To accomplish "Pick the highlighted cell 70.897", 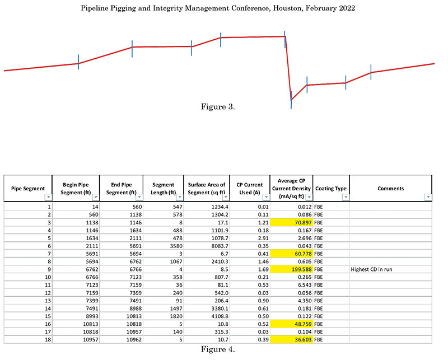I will (297, 222).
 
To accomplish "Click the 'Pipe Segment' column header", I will (28, 189).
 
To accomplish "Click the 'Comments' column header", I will (390, 189).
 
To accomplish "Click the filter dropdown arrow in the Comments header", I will (428, 197).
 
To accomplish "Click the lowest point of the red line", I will (291, 100).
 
